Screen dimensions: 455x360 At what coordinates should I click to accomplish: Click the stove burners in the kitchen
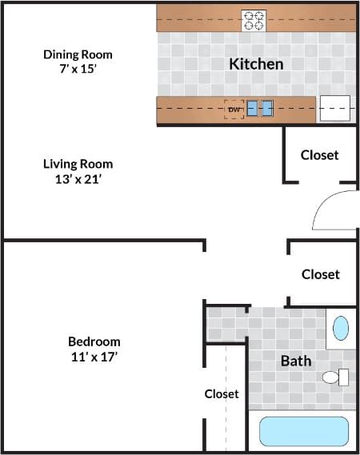tap(254, 20)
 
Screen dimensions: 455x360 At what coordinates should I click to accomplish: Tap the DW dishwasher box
tap(234, 109)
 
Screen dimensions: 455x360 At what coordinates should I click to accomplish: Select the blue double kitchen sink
tap(260, 108)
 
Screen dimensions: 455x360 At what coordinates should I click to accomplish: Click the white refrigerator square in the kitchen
tap(335, 108)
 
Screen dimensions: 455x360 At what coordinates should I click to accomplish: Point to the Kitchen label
tap(256, 64)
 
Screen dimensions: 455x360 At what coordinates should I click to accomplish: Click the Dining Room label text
tap(78, 54)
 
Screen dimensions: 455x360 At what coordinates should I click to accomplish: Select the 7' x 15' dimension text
tap(78, 70)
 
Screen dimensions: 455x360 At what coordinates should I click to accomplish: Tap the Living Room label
tap(78, 164)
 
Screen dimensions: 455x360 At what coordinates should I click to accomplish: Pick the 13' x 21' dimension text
tap(78, 179)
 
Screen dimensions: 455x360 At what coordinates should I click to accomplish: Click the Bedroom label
tap(94, 341)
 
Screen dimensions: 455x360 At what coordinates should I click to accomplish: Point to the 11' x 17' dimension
tap(94, 357)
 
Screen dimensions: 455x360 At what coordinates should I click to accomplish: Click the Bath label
tap(295, 361)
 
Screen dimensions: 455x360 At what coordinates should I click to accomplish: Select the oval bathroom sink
tap(341, 329)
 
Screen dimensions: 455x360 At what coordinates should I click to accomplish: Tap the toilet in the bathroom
tap(336, 377)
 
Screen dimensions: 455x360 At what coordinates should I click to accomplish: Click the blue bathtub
tap(303, 432)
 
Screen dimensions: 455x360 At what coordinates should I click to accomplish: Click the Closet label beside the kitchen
tap(319, 155)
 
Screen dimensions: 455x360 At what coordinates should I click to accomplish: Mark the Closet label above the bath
tap(320, 274)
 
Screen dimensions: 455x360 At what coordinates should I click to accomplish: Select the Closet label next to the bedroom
tap(222, 393)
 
